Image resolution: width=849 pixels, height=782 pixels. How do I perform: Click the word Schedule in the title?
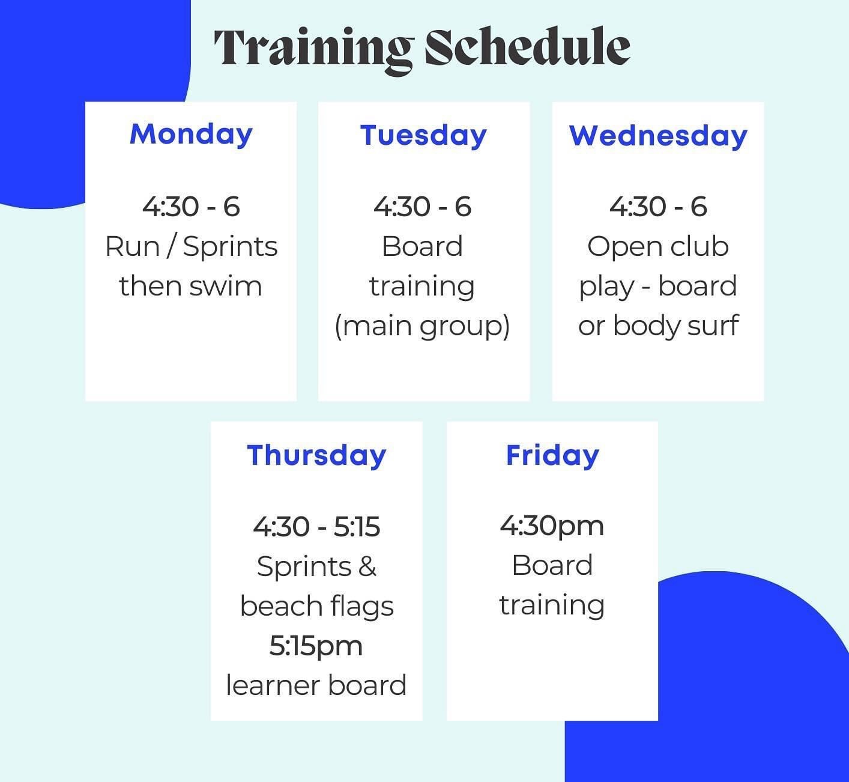pos(527,47)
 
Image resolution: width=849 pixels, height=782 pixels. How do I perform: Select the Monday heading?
pos(191,134)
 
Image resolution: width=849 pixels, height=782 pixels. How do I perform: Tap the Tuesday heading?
pos(423,135)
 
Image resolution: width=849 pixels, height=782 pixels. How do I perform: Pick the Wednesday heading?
pos(658,136)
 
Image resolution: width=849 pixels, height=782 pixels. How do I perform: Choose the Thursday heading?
pos(316,455)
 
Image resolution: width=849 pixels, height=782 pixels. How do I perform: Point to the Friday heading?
pos(552,455)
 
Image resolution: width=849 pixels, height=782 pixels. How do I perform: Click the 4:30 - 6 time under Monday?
pos(191,207)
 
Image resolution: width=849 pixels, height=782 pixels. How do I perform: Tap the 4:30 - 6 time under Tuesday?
pos(423,207)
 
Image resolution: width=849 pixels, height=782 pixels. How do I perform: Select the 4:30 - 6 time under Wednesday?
pos(658,207)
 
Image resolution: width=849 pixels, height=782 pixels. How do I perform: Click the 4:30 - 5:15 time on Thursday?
pos(316,527)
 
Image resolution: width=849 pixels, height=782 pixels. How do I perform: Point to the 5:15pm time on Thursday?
pos(316,646)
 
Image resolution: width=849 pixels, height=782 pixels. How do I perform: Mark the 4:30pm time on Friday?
pos(552,526)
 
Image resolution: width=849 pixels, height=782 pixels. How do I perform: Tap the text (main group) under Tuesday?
pos(422,326)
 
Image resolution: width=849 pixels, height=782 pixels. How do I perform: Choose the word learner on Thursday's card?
pos(268,685)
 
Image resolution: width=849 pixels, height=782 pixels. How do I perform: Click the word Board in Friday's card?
pos(552,565)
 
